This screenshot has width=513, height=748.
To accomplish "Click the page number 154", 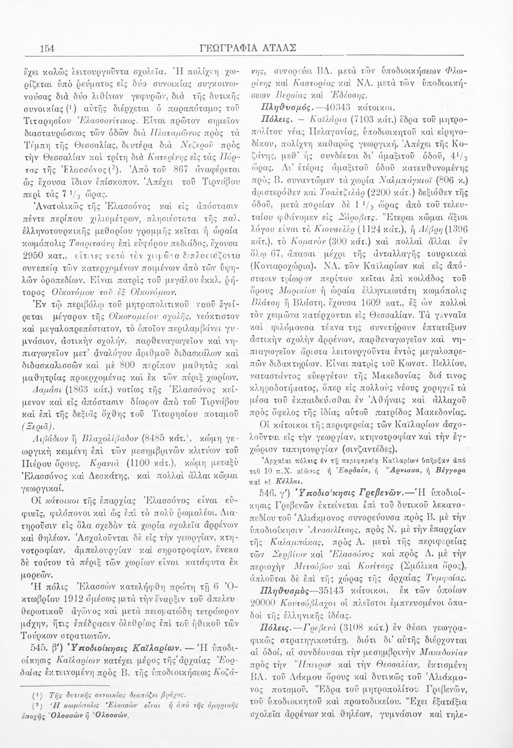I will (47, 48).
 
